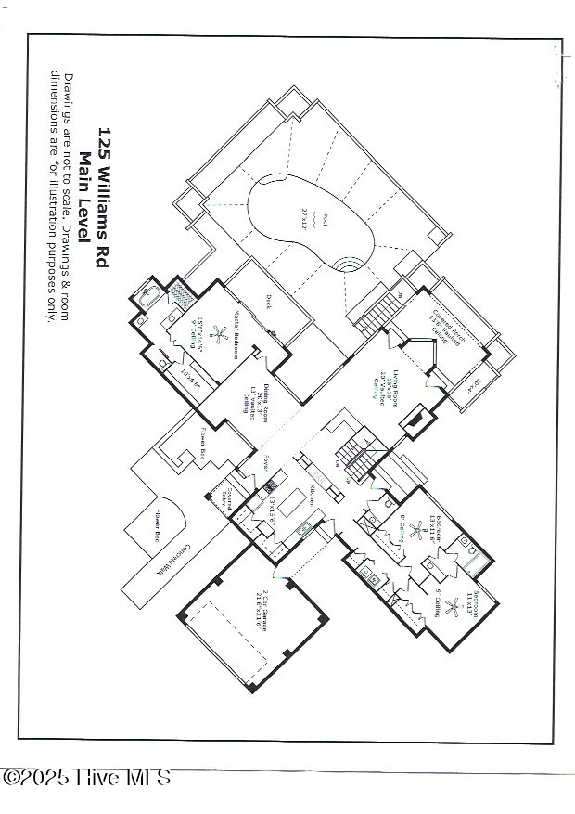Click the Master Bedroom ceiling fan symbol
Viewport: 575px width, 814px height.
[220, 334]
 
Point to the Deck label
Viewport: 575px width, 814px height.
[268, 301]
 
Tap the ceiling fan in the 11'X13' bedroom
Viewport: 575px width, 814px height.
[454, 608]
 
